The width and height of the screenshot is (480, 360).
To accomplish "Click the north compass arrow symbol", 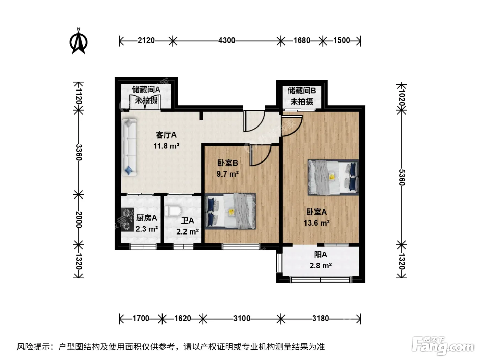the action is [x=79, y=41].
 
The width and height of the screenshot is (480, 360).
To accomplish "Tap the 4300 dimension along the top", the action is [x=227, y=40].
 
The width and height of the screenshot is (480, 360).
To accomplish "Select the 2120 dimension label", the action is [x=146, y=40].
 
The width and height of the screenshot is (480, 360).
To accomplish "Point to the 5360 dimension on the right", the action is [x=402, y=177].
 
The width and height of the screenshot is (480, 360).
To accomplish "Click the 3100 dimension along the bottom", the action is [x=241, y=319].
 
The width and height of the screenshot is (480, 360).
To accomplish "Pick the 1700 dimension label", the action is [x=141, y=319].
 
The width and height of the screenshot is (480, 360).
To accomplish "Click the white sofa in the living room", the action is [x=130, y=147].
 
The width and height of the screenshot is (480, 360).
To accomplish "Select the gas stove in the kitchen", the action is [x=128, y=219].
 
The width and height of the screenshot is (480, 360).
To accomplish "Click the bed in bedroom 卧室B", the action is [x=230, y=211].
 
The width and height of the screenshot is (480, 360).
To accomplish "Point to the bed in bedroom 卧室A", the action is [x=333, y=177].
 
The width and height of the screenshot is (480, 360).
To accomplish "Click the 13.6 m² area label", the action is [x=316, y=223].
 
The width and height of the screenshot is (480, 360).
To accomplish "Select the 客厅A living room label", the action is [x=166, y=135].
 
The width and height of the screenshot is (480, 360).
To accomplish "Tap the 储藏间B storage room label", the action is [x=302, y=91].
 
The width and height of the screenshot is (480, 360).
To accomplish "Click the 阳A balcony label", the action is [x=321, y=255].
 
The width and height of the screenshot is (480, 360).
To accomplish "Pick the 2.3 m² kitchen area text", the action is [x=146, y=229].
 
